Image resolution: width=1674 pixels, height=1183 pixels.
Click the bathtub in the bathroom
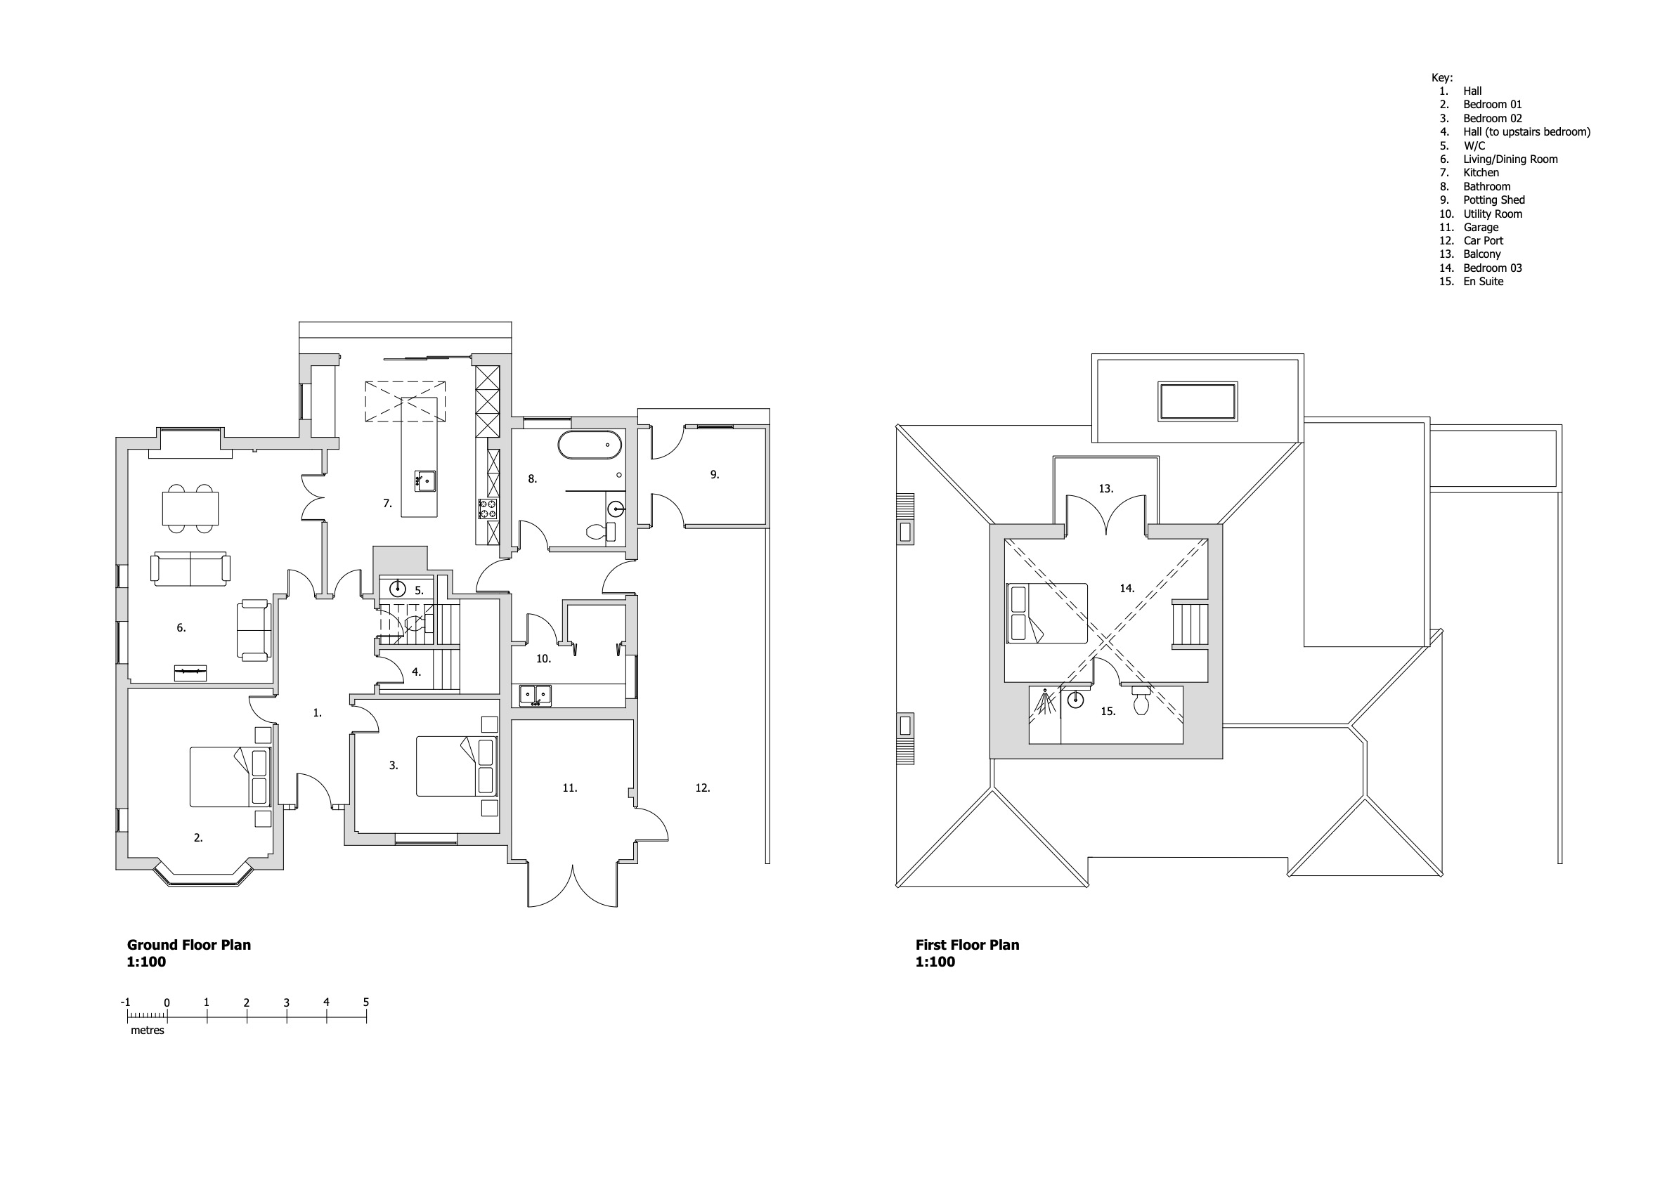pyautogui.click(x=590, y=445)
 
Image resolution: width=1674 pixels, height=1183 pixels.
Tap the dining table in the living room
pyautogui.click(x=190, y=508)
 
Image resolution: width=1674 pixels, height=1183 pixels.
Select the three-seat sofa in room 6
pyautogui.click(x=190, y=569)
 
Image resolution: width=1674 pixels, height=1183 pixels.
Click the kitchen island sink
pyautogui.click(x=425, y=482)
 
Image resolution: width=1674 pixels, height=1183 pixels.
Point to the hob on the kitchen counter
pyautogui.click(x=488, y=509)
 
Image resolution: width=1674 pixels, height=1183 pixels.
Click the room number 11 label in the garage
pyautogui.click(x=569, y=788)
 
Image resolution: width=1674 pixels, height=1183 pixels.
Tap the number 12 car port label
pyautogui.click(x=702, y=788)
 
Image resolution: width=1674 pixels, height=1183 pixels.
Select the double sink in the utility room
pyautogui.click(x=535, y=695)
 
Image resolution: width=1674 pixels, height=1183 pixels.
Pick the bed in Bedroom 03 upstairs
pyautogui.click(x=1047, y=613)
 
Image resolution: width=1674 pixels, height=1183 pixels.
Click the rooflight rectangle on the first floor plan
pyautogui.click(x=1198, y=401)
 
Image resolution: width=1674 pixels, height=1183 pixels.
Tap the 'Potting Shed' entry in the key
pyautogui.click(x=1494, y=200)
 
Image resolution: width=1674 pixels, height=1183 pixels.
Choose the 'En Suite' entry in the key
pyautogui.click(x=1483, y=282)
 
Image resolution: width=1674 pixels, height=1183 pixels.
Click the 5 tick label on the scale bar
pyautogui.click(x=366, y=1002)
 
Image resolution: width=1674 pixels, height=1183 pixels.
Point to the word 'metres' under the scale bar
pyautogui.click(x=148, y=1031)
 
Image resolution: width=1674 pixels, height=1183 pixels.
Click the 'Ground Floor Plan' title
pyautogui.click(x=189, y=945)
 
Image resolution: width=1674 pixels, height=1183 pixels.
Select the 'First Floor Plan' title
pyautogui.click(x=968, y=945)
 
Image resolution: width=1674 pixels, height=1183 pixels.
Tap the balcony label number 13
pyautogui.click(x=1106, y=488)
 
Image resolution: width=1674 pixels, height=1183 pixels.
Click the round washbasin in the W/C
pyautogui.click(x=397, y=588)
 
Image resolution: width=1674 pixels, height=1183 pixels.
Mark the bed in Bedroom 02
pyautogui.click(x=456, y=766)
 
